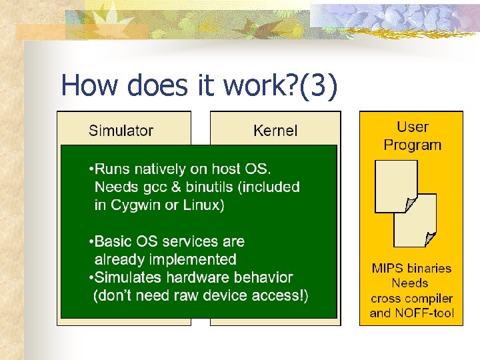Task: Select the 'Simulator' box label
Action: (121, 131)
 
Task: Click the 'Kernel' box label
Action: (275, 131)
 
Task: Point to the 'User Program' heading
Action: (413, 136)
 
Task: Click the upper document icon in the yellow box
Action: (396, 186)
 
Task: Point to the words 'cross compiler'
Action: (411, 298)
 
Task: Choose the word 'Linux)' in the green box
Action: (202, 205)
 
